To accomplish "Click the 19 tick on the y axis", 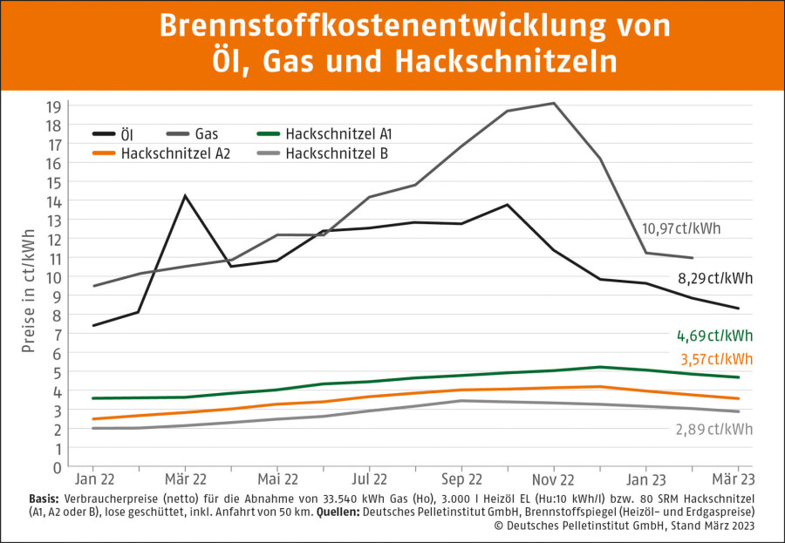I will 53,106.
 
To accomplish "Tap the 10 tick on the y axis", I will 53,277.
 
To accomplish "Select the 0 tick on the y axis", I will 57,467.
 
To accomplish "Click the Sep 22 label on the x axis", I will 461,479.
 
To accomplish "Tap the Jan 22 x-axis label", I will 92,479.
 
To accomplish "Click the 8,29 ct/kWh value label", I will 714,279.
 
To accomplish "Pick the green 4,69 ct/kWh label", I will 714,336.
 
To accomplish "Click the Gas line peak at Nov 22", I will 552,103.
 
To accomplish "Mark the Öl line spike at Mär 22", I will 185,195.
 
